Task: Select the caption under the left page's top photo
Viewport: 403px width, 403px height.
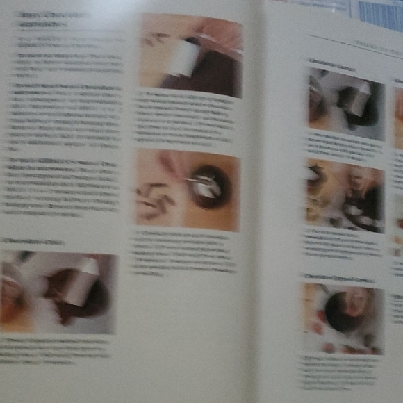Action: click(x=188, y=118)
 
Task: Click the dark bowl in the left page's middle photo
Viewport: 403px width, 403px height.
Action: click(x=206, y=187)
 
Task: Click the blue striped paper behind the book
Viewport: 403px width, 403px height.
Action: click(x=381, y=14)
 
